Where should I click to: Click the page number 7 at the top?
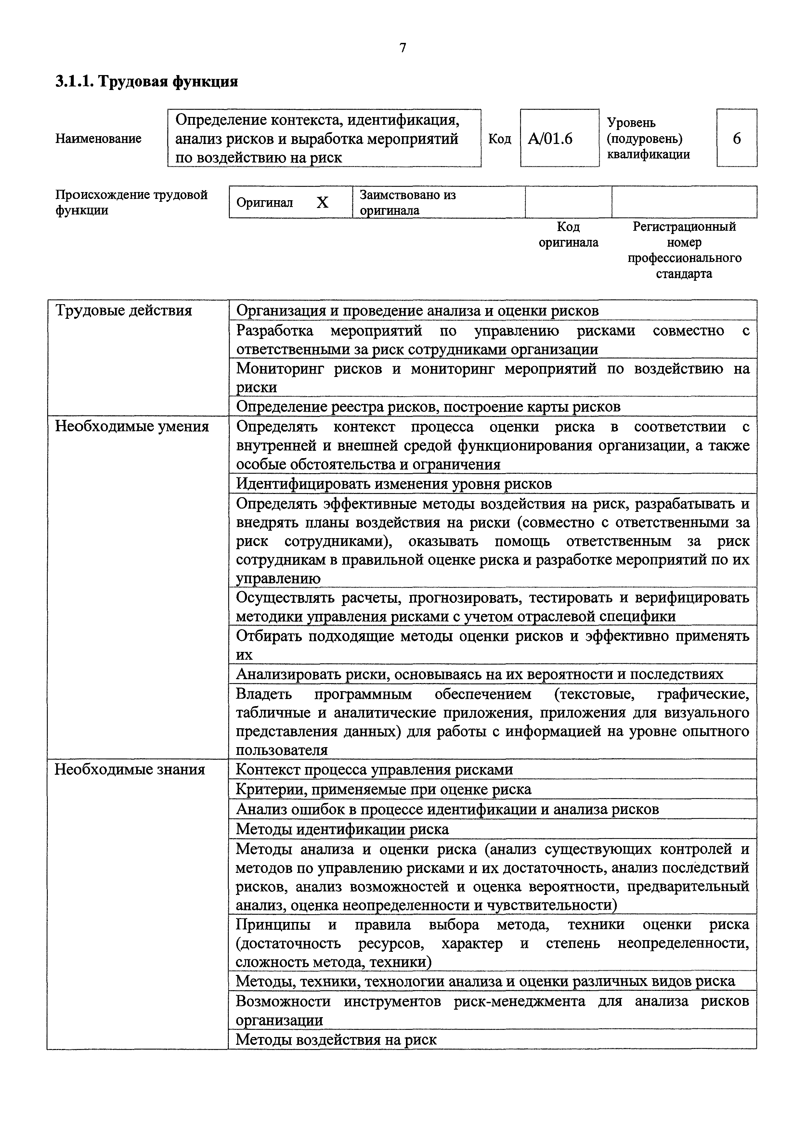pyautogui.click(x=403, y=48)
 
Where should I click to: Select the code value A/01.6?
pyautogui.click(x=550, y=138)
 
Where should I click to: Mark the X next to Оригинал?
pyautogui.click(x=323, y=202)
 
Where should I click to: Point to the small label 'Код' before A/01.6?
pyautogui.click(x=500, y=138)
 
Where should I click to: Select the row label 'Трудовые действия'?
pyautogui.click(x=123, y=311)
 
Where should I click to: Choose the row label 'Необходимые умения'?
pyautogui.click(x=132, y=426)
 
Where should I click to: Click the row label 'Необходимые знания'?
pyautogui.click(x=130, y=770)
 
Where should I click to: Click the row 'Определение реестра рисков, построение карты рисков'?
pyautogui.click(x=428, y=407)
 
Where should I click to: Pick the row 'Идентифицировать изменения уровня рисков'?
pyautogui.click(x=394, y=484)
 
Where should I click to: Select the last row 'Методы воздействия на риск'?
pyautogui.click(x=336, y=1039)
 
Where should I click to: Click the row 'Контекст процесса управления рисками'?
pyautogui.click(x=374, y=770)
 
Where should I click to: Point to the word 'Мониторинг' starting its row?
pyautogui.click(x=279, y=369)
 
